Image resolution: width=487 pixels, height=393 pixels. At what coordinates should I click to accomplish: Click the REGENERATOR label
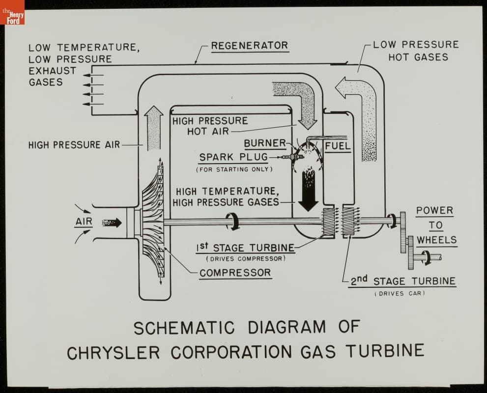pyautogui.click(x=249, y=46)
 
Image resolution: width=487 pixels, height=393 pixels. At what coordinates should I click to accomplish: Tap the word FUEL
pyautogui.click(x=338, y=146)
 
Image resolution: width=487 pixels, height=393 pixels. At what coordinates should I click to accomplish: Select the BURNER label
pyautogui.click(x=265, y=143)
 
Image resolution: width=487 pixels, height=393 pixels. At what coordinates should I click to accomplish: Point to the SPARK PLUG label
pyautogui.click(x=233, y=158)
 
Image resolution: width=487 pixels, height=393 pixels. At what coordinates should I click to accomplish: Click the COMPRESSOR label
pyautogui.click(x=235, y=273)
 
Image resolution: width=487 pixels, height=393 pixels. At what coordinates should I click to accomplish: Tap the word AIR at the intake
pyautogui.click(x=84, y=222)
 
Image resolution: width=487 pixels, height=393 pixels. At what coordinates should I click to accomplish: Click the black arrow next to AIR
pyautogui.click(x=112, y=223)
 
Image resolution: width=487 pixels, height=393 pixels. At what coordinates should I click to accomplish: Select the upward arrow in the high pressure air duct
pyautogui.click(x=154, y=127)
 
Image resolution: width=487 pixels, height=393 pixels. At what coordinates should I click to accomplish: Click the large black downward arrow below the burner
pyautogui.click(x=309, y=189)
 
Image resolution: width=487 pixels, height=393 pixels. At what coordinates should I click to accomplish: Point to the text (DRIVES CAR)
pyautogui.click(x=400, y=294)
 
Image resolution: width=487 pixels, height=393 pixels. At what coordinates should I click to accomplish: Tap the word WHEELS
pyautogui.click(x=436, y=240)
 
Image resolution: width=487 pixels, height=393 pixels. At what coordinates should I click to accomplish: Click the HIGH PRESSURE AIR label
pyautogui.click(x=74, y=145)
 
